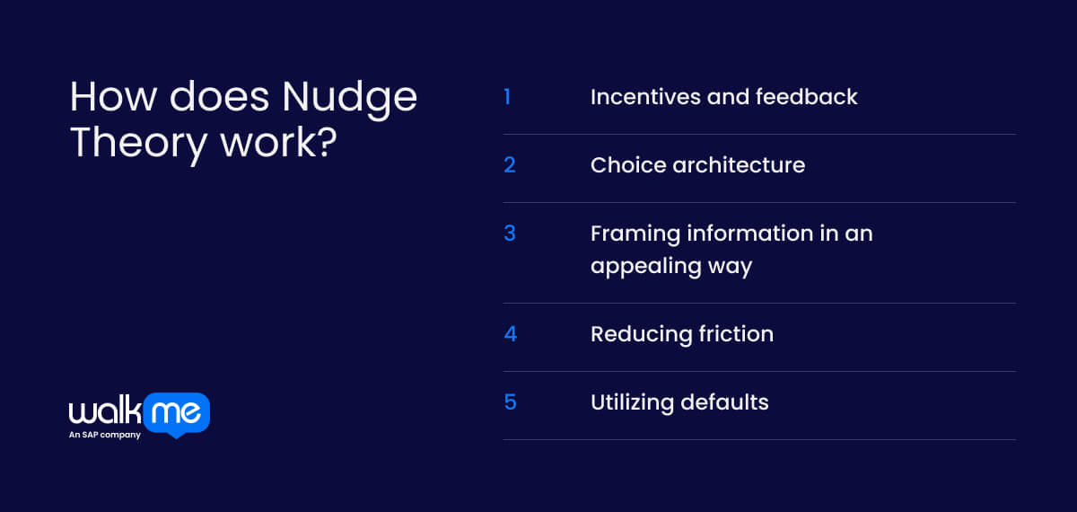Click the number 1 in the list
pos(507,96)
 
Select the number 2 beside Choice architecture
pos(509,164)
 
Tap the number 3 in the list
pos(509,233)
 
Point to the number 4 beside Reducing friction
pos(510,333)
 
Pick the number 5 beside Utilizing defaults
pos(510,402)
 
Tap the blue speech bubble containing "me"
pos(177,414)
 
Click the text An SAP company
pos(104,436)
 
